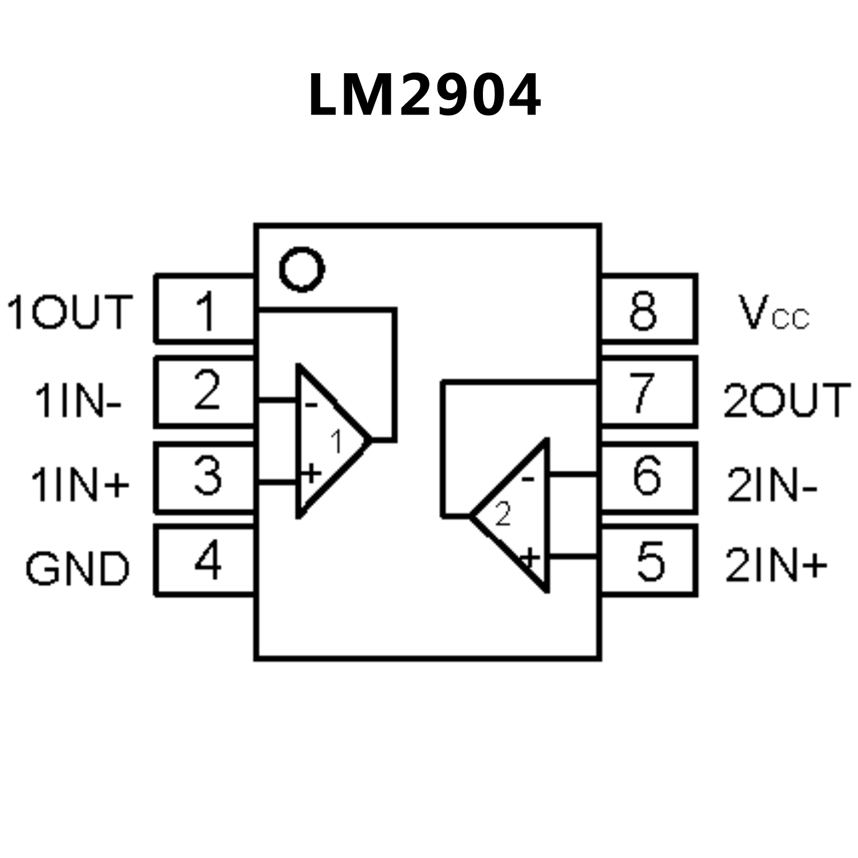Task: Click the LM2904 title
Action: pyautogui.click(x=424, y=95)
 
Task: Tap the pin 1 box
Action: pyautogui.click(x=205, y=309)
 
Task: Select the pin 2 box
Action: pyautogui.click(x=205, y=391)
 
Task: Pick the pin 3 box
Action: pyautogui.click(x=205, y=477)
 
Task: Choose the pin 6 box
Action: pyautogui.click(x=648, y=477)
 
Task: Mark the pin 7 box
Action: pyautogui.click(x=648, y=392)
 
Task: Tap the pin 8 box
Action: pyautogui.click(x=648, y=309)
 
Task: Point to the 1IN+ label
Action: pyautogui.click(x=79, y=484)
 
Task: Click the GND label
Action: pyautogui.click(x=77, y=568)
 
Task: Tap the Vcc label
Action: pyautogui.click(x=773, y=313)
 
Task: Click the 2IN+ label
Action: pyautogui.click(x=776, y=566)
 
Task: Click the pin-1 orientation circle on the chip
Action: pyautogui.click(x=302, y=269)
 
